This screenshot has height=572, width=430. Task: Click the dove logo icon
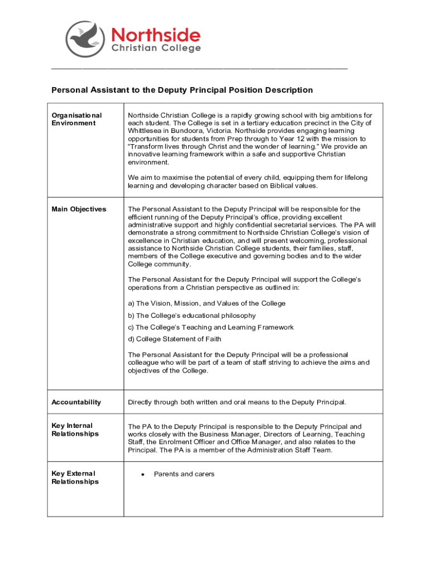pos(85,39)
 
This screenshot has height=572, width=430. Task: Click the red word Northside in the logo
pos(156,36)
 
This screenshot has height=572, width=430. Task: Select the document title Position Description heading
pos(182,90)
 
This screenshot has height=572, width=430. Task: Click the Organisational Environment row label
pos(77,119)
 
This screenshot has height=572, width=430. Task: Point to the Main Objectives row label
pos(79,209)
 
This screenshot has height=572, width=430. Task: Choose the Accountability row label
pos(77,402)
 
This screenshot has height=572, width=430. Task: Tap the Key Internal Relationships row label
pos(75,430)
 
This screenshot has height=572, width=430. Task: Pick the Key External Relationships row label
pos(75,478)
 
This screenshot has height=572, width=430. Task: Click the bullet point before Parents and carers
pos(144,474)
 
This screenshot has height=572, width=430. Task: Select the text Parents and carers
pos(184,474)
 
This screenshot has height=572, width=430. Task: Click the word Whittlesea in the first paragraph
pos(145,131)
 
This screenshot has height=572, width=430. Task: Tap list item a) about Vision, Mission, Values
pos(207,303)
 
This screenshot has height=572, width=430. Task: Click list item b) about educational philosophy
pos(192,316)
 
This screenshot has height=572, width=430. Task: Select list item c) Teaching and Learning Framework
pos(211,327)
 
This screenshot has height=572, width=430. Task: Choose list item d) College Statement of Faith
pos(174,339)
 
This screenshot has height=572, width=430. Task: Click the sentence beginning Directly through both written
pos(237,402)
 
